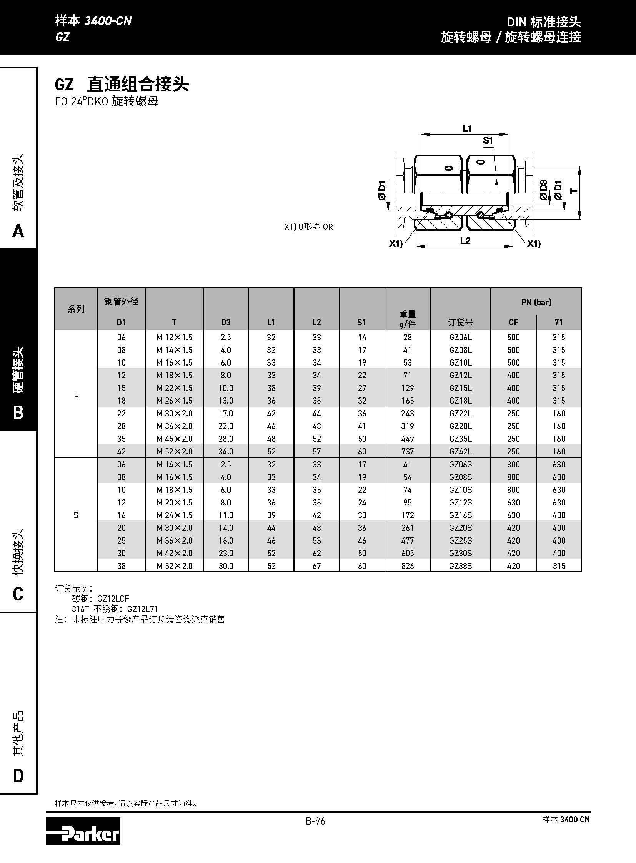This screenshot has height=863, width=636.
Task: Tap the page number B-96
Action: click(x=315, y=821)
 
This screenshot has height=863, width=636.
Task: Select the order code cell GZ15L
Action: click(x=460, y=388)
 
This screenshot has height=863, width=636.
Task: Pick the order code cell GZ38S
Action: click(x=460, y=566)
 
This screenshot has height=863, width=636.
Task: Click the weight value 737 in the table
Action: click(x=407, y=451)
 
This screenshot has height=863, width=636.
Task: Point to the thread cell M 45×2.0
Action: click(x=175, y=439)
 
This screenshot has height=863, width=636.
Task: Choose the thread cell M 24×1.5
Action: click(x=175, y=515)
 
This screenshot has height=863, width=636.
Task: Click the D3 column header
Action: click(x=226, y=322)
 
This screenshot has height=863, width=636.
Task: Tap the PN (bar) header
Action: click(x=536, y=302)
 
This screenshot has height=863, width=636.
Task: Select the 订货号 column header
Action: click(x=460, y=323)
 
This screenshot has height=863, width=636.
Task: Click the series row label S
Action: click(x=76, y=515)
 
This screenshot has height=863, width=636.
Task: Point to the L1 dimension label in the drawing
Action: click(x=466, y=128)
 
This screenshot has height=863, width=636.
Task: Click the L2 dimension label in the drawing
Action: click(x=465, y=241)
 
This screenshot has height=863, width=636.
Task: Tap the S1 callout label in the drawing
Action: click(x=488, y=140)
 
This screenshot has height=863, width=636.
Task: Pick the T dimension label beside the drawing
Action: click(x=574, y=190)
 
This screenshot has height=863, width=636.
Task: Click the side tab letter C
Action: click(x=18, y=594)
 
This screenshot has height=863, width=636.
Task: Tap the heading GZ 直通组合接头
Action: click(x=122, y=84)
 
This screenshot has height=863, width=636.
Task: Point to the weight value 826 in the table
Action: click(x=407, y=566)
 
